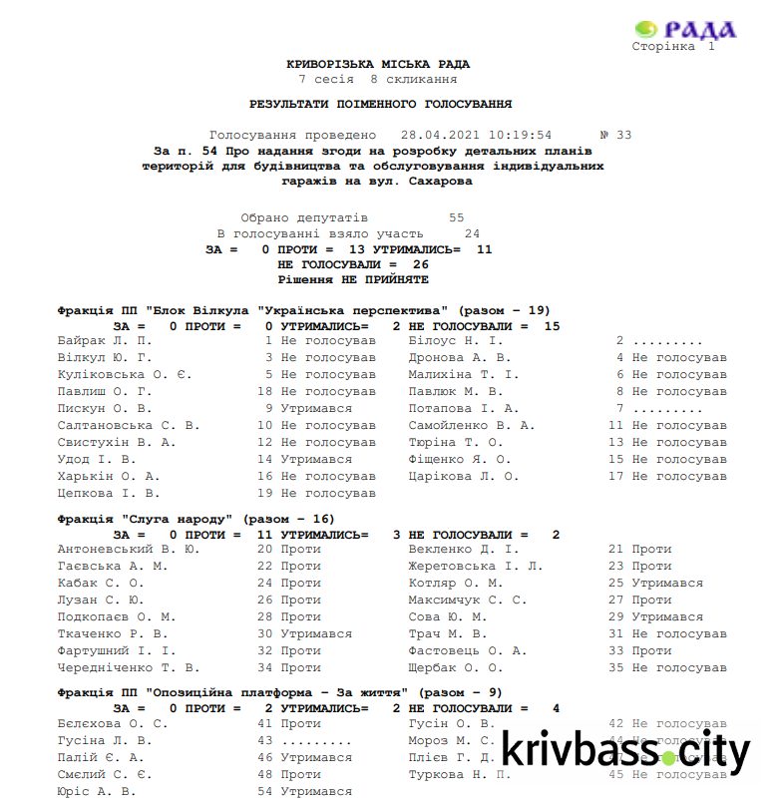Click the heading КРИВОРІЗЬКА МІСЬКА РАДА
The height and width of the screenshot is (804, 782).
pyautogui.click(x=378, y=64)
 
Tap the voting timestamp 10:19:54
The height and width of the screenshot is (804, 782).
pyautogui.click(x=518, y=135)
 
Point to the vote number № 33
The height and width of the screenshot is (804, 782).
pyautogui.click(x=615, y=135)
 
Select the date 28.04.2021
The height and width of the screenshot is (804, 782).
pyautogui.click(x=439, y=135)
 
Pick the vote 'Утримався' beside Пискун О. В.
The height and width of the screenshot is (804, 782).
pyautogui.click(x=316, y=408)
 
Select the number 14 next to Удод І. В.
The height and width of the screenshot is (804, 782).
pyautogui.click(x=264, y=459)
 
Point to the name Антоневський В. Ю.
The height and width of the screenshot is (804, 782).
pyautogui.click(x=129, y=549)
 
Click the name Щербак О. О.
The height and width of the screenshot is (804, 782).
pyautogui.click(x=456, y=667)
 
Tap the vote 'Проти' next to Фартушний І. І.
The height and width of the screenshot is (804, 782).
pyautogui.click(x=300, y=650)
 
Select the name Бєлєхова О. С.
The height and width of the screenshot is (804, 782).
pyautogui.click(x=113, y=723)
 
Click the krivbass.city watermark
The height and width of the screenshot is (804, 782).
pyautogui.click(x=625, y=751)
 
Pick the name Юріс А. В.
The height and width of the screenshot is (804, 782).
pyautogui.click(x=97, y=791)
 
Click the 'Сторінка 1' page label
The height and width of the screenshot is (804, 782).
pyautogui.click(x=673, y=47)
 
